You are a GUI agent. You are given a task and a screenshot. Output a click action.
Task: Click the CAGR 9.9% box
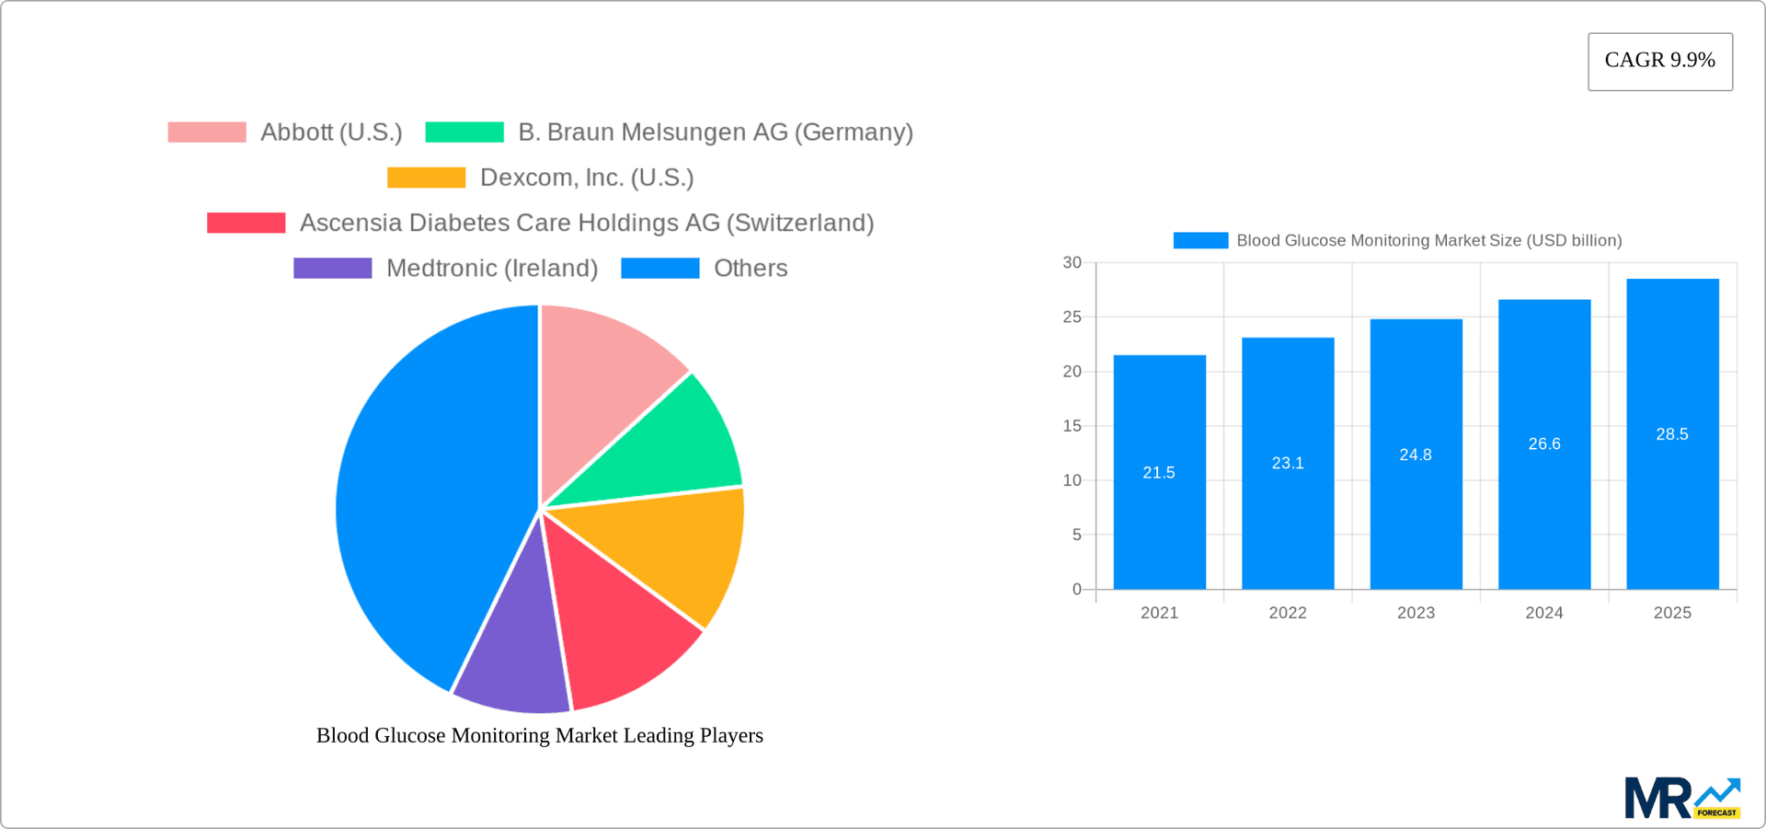[1659, 61]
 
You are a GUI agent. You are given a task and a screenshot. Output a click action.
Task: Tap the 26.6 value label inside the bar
[1543, 443]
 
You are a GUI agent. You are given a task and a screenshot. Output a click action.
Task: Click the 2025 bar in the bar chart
[1672, 515]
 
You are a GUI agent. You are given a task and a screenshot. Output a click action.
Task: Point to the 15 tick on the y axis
[1072, 426]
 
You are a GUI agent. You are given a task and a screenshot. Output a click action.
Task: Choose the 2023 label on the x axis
[1416, 613]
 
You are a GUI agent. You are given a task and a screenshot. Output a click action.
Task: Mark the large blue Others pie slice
[423, 497]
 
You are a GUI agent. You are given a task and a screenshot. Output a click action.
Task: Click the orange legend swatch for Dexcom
[426, 178]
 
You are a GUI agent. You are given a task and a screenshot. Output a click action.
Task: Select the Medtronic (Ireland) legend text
[491, 269]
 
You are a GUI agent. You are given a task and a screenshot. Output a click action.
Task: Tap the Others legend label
[751, 269]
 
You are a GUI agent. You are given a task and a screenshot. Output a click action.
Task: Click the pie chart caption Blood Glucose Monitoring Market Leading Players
[540, 735]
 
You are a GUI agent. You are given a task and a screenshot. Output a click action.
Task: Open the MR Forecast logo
[1681, 799]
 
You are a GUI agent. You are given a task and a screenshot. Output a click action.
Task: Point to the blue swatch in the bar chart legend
[1200, 241]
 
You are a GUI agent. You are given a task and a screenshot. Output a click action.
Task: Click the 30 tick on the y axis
[1072, 263]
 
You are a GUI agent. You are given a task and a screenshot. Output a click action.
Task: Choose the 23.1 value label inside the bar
[1287, 463]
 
